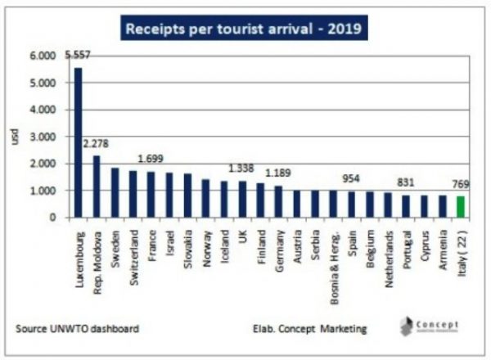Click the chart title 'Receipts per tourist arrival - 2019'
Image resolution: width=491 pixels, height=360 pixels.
[245, 30]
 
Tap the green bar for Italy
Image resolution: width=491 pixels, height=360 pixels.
[460, 206]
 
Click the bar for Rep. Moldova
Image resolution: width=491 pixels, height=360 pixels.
[96, 187]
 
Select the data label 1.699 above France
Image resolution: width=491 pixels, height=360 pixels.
[153, 160]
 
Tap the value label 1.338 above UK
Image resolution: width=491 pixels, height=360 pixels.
[241, 169]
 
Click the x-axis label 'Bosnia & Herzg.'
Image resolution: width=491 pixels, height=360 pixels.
[333, 259]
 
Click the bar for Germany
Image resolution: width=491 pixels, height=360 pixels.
[278, 201]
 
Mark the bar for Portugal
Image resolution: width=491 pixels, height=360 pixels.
[406, 205]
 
